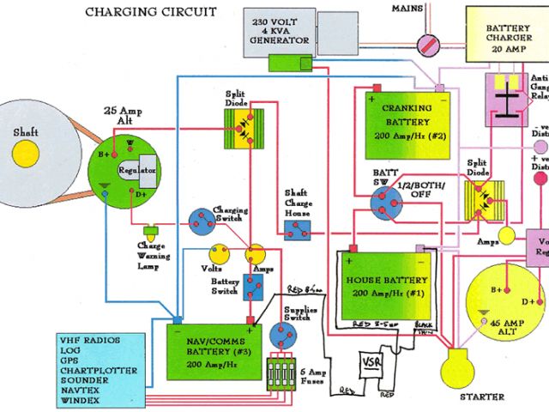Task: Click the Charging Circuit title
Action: [x=151, y=12]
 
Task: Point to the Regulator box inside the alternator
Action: [x=138, y=171]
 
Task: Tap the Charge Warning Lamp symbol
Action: [x=153, y=231]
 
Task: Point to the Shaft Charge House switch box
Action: [x=297, y=228]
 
